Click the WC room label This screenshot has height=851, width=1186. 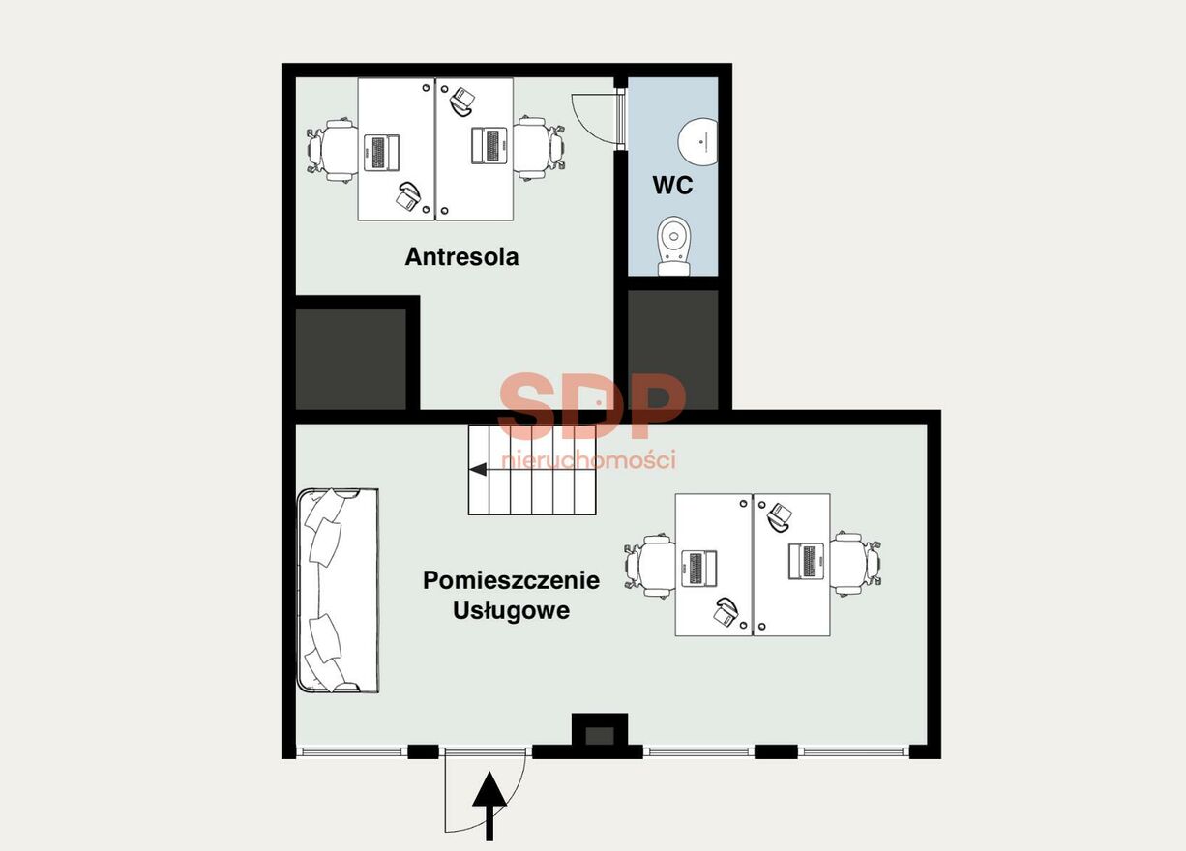tap(672, 186)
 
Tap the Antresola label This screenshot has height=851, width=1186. tap(461, 256)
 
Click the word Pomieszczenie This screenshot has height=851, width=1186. tap(512, 580)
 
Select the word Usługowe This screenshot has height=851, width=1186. tap(512, 609)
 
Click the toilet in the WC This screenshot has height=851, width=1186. tap(674, 246)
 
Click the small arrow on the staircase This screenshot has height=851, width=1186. tap(478, 469)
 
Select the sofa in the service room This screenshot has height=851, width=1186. tap(338, 591)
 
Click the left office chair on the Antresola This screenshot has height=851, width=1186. tap(333, 150)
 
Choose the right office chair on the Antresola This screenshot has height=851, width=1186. tap(539, 148)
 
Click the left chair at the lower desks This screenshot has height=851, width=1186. tap(650, 566)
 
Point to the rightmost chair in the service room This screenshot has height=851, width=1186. tap(855, 564)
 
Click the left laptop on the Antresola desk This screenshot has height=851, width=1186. tap(381, 153)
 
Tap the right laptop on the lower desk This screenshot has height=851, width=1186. tap(806, 561)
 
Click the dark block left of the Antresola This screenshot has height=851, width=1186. tap(350, 359)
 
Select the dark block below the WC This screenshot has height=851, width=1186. tap(673, 349)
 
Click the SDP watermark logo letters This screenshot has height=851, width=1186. tap(592, 406)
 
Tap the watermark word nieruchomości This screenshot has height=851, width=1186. tap(589, 460)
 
